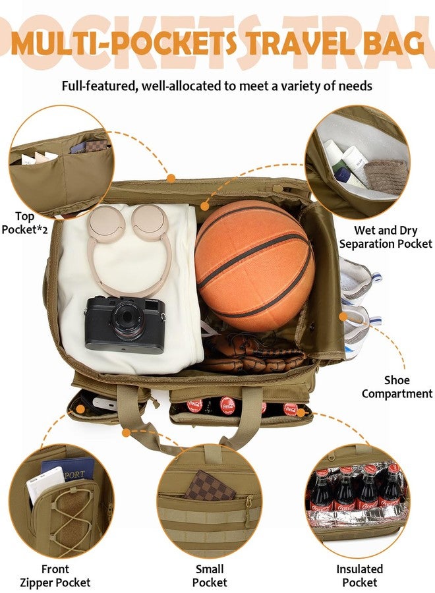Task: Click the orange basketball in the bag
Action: (x=254, y=266)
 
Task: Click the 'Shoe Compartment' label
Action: (x=397, y=387)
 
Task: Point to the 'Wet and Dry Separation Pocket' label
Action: (x=386, y=237)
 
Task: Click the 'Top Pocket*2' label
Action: (x=24, y=223)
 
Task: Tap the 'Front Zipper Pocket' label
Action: (x=55, y=576)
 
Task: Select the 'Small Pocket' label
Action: (x=210, y=576)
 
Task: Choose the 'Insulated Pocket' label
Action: (x=359, y=576)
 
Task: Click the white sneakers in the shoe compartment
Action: (x=358, y=306)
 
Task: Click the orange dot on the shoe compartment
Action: (x=343, y=316)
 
